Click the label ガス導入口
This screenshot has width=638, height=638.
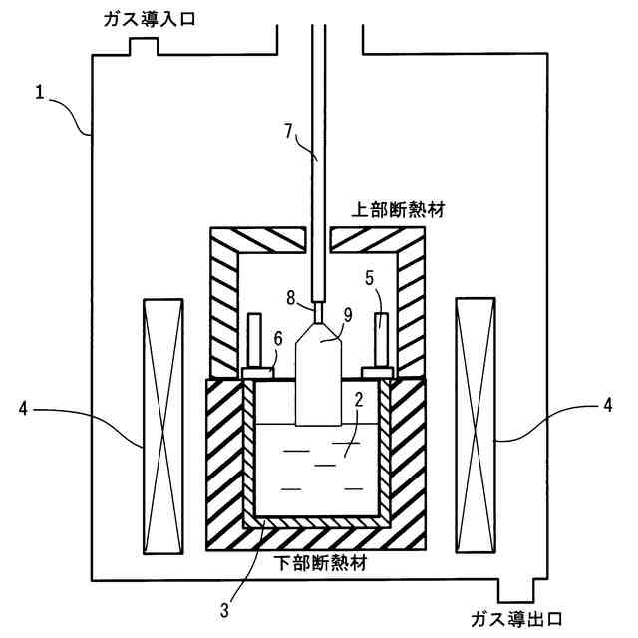point(147,20)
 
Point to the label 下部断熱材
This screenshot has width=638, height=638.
point(319,563)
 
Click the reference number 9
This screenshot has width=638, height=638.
point(347,315)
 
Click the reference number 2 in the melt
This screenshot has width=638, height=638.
point(356,401)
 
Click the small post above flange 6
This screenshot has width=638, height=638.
point(253,340)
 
